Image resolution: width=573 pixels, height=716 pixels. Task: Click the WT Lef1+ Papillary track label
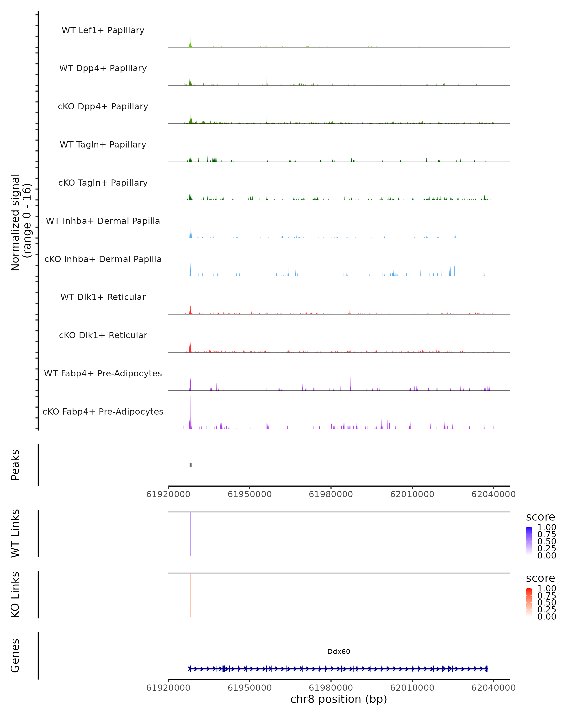103,30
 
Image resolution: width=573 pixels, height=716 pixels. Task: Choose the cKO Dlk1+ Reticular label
103,335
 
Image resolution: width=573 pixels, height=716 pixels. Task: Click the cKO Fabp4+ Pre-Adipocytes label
103,411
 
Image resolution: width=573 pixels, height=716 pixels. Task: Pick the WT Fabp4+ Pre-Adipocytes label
103,373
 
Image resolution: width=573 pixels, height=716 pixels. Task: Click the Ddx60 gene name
339,652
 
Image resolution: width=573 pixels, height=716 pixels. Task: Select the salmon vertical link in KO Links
190,595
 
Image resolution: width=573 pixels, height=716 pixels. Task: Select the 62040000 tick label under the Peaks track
493,494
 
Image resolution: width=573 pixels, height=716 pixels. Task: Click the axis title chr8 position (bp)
339,699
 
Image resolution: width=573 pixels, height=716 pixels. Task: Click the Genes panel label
15,656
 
